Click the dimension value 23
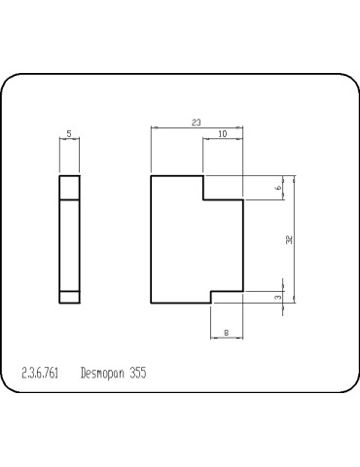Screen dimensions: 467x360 (196, 123)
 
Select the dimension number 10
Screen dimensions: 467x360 (223, 134)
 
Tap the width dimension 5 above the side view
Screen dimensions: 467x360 (69, 133)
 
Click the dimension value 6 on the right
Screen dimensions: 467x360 (278, 188)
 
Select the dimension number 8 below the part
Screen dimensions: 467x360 (226, 334)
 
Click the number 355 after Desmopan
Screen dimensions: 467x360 (135, 373)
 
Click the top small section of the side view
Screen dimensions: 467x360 (69, 187)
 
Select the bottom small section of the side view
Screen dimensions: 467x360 (69, 297)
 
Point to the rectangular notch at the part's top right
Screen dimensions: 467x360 (223, 188)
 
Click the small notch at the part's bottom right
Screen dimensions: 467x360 (227, 297)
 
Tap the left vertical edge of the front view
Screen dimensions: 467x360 (151, 239)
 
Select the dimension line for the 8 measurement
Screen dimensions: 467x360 (227, 339)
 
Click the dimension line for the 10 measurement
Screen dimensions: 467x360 (223, 140)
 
